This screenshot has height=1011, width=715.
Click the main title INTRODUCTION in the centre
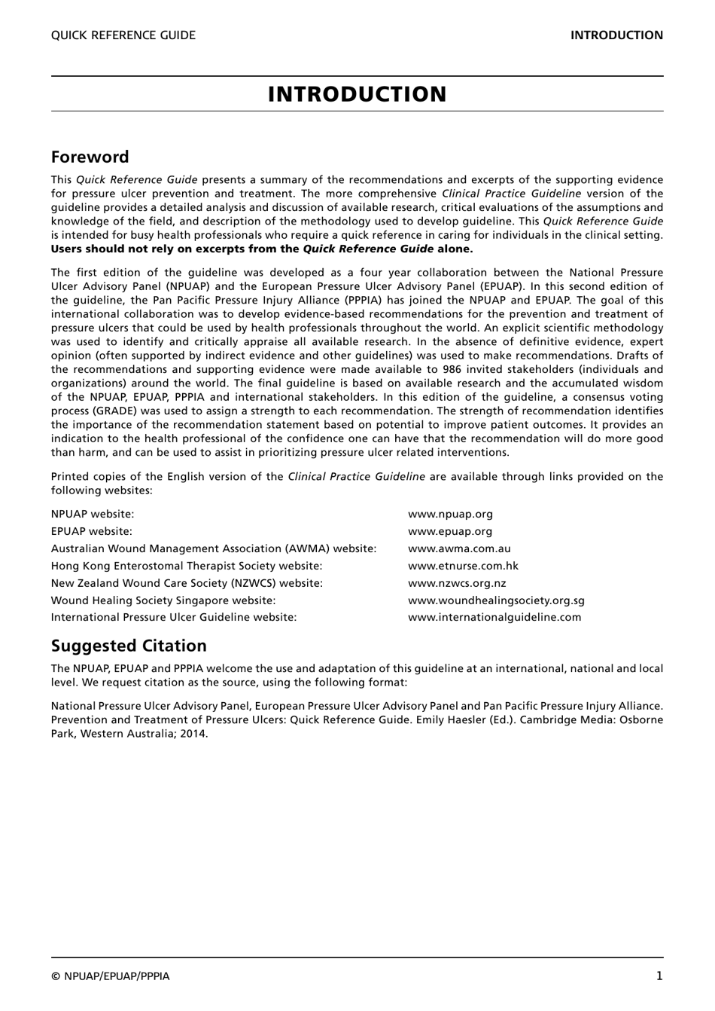357,94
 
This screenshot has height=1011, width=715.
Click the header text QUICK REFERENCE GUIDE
123,35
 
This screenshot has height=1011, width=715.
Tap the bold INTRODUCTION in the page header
616,35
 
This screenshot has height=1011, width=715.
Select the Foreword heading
90,157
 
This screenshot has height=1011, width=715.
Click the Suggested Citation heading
129,646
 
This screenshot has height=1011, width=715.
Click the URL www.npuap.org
450,515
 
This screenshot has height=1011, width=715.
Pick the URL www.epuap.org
450,531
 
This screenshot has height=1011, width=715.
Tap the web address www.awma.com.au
459,548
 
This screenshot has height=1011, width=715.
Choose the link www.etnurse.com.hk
463,566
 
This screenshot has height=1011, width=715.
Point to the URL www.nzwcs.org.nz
457,583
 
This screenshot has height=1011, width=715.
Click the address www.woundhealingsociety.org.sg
496,600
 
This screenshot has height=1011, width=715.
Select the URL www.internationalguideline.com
494,617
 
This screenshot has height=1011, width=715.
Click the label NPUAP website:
93,515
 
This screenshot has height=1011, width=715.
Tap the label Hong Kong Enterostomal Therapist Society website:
187,566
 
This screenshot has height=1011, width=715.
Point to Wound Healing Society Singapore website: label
163,600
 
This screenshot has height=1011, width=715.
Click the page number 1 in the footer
659,976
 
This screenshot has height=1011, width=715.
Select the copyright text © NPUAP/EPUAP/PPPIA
111,976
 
